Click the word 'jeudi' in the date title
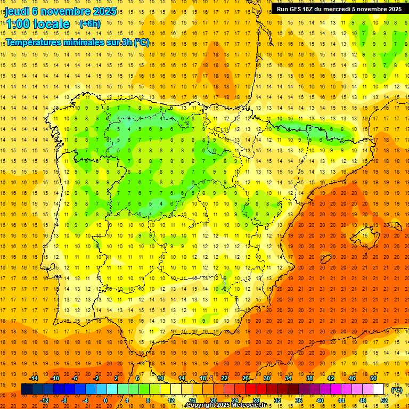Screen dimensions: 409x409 (x=17, y=12)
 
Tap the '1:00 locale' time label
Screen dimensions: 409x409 (x=37, y=24)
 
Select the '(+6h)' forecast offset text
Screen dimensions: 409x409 (x=89, y=24)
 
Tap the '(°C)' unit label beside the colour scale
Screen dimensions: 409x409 (x=396, y=390)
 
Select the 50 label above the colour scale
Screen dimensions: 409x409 (x=373, y=378)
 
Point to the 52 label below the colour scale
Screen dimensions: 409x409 (x=384, y=400)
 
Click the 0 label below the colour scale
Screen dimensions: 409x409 (x=105, y=400)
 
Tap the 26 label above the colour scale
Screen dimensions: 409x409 (x=246, y=378)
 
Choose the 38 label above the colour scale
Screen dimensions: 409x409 (x=309, y=378)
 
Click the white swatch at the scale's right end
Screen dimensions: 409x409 (x=379, y=389)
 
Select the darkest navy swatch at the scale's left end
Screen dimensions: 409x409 (x=27, y=389)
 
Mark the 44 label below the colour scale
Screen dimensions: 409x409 (x=341, y=400)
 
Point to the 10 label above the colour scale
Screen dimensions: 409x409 (x=160, y=378)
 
